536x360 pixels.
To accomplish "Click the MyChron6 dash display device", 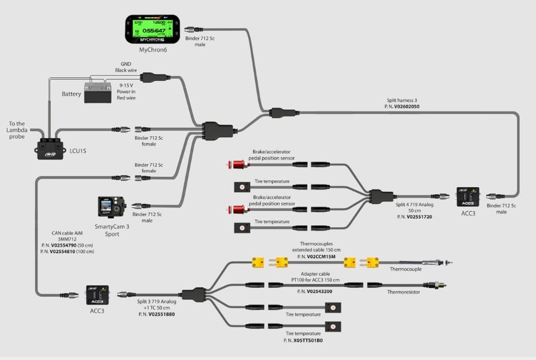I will pyautogui.click(x=151, y=29).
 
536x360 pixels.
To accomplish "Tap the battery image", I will pyautogui.click(x=98, y=92).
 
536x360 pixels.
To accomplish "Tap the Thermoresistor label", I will pyautogui.click(x=403, y=292).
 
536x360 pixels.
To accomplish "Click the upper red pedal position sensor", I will pyautogui.click(x=235, y=165).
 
